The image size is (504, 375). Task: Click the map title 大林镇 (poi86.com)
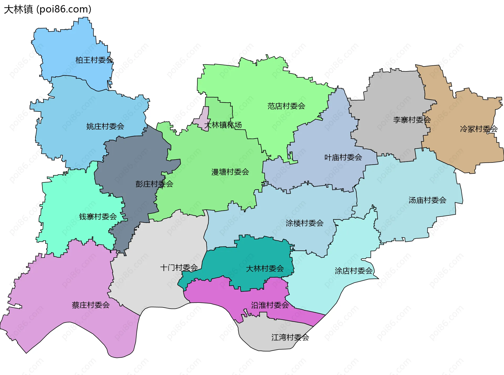click(x=48, y=9)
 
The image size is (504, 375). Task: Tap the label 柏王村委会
click(x=94, y=60)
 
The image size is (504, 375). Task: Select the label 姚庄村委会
click(x=105, y=126)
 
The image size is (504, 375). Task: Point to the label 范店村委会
click(x=286, y=106)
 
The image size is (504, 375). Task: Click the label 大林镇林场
click(x=223, y=125)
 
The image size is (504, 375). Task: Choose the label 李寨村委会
click(x=412, y=120)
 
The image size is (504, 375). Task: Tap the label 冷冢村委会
click(x=479, y=129)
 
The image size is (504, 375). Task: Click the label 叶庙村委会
click(x=343, y=157)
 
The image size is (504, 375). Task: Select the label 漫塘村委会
click(x=230, y=172)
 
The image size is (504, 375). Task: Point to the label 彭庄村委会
click(x=154, y=184)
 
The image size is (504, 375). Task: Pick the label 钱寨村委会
click(x=98, y=216)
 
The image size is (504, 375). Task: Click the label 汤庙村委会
click(x=427, y=200)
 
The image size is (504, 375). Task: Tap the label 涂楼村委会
click(x=304, y=223)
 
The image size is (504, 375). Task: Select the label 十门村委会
click(x=179, y=268)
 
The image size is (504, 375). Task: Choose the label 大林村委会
click(x=265, y=268)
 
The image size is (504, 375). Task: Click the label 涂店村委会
click(x=354, y=271)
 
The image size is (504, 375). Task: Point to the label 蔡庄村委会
click(x=91, y=305)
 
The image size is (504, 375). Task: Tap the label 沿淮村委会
click(x=270, y=305)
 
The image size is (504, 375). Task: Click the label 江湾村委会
click(x=290, y=337)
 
